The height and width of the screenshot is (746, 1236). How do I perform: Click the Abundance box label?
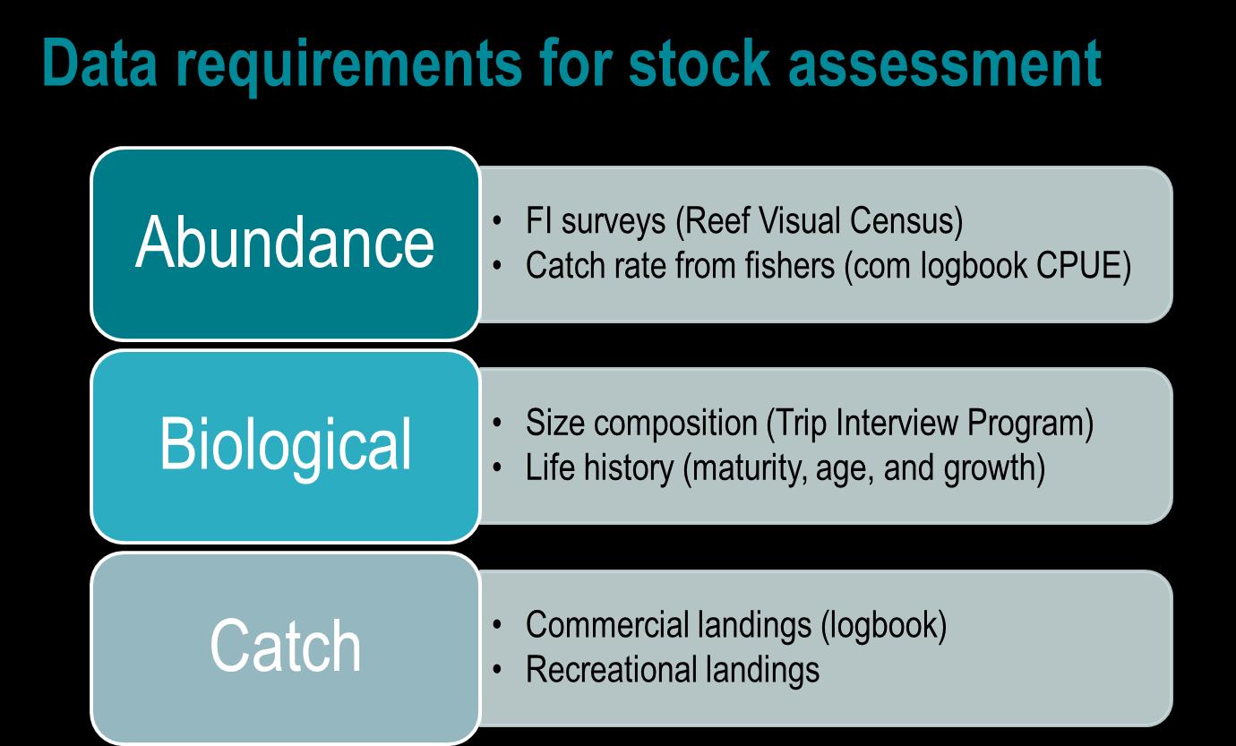(284, 244)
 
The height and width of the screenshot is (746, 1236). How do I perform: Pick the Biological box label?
(286, 445)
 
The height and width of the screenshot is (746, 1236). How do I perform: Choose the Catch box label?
(286, 647)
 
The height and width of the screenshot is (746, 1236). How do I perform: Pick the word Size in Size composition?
(551, 424)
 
